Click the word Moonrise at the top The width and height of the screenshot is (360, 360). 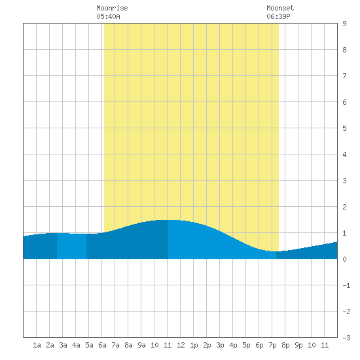[112, 8]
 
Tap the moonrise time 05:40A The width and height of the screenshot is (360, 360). [108, 16]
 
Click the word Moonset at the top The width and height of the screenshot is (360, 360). [280, 8]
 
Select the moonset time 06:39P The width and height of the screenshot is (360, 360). [278, 16]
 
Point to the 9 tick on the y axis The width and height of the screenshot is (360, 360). [344, 24]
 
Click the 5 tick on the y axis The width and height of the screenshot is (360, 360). [344, 128]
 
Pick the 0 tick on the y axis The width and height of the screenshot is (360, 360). [344, 259]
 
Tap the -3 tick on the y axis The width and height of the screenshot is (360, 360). [346, 338]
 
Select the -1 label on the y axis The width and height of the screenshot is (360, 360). [346, 285]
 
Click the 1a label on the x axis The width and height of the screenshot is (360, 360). [37, 345]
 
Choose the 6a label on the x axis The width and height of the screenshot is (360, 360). [102, 345]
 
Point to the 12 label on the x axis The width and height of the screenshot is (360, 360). [181, 345]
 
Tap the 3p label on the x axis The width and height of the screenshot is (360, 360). [220, 345]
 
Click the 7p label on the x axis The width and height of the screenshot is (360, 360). [272, 345]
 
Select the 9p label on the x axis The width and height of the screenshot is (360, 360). [298, 345]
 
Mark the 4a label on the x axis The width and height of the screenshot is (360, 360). [76, 345]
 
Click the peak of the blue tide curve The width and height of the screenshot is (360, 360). [168, 220]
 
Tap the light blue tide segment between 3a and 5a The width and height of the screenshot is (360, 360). [71, 246]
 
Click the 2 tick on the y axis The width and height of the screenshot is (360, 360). [344, 207]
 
